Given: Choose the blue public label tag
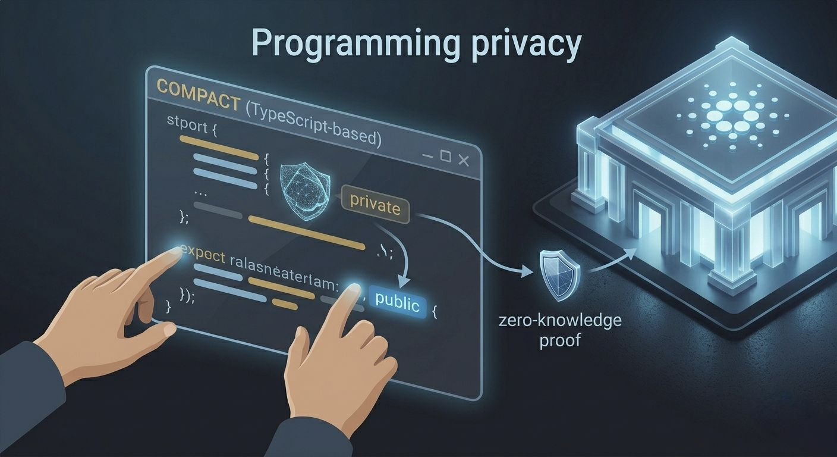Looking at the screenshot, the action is (397, 304).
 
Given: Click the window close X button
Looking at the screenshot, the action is (464, 159).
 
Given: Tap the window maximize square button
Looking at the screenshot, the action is (445, 156).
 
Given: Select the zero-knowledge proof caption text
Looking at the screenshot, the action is (560, 331).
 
